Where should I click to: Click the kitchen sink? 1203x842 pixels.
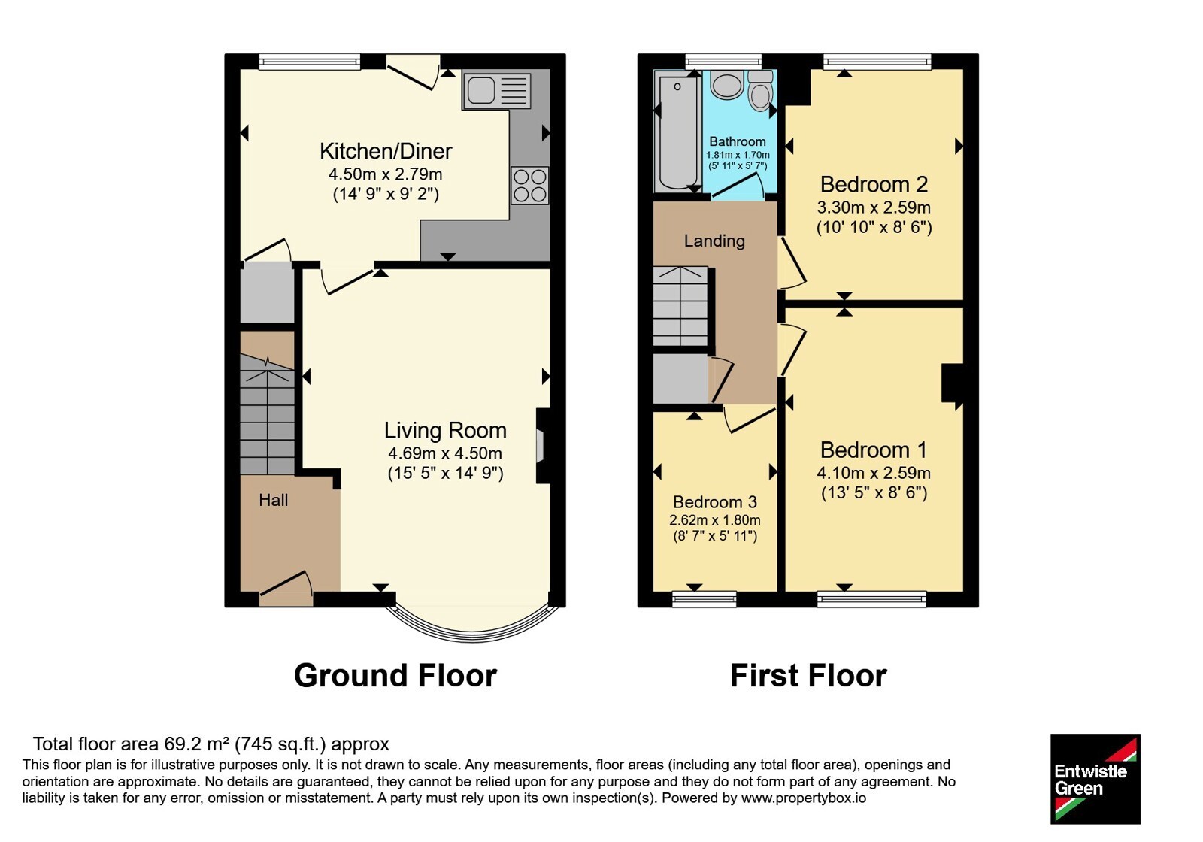coord(496,91)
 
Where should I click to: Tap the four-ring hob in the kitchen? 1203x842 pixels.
coord(530,186)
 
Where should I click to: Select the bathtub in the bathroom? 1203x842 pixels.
coord(677,132)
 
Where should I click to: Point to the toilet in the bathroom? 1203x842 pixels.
coord(760,90)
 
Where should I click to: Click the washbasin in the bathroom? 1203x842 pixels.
coord(726,85)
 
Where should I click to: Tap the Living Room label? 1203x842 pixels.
coord(445,430)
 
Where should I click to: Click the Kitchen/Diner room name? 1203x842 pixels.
coord(386,151)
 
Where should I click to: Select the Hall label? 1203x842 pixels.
coord(274,500)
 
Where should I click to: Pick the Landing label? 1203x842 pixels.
coord(714,241)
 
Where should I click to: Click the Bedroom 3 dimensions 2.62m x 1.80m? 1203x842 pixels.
coord(715,519)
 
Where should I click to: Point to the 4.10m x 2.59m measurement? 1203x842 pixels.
coord(874,473)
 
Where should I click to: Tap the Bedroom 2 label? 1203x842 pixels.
coord(874,184)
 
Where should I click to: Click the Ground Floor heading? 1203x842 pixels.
coord(395,675)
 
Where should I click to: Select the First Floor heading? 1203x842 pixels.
coord(808,675)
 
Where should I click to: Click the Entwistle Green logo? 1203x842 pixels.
coord(1095,779)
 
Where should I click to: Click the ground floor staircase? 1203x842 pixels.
coord(267,413)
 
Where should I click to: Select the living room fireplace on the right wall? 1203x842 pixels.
coord(543,446)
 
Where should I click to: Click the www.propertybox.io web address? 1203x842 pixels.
coord(804,798)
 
